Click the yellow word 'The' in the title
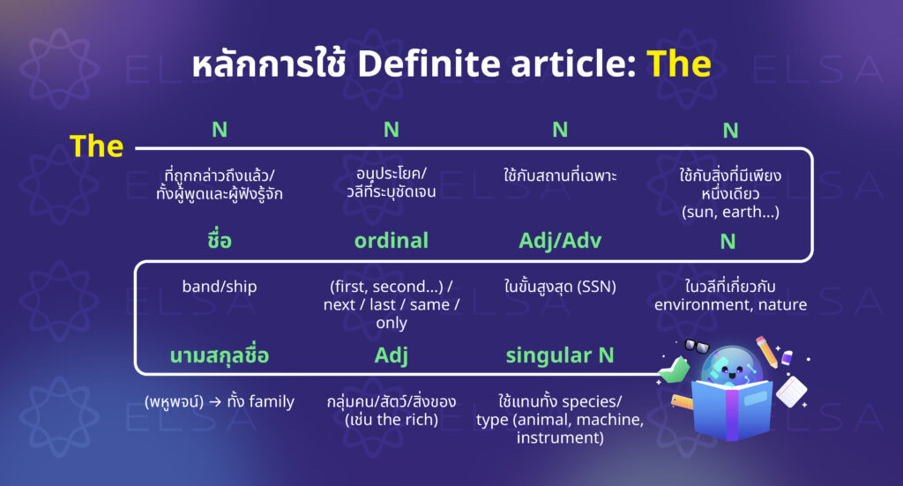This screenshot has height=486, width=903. click(678, 64)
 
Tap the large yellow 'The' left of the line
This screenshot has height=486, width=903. click(96, 146)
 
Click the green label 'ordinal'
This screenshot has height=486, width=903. click(391, 241)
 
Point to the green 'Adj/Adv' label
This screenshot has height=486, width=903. click(559, 241)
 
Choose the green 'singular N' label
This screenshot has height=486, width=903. click(559, 355)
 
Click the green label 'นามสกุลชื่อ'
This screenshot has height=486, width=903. click(219, 355)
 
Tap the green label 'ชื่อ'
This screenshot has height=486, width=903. click(219, 241)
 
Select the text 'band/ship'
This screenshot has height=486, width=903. click(219, 288)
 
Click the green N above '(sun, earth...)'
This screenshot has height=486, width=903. click(730, 131)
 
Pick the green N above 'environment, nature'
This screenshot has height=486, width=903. click(730, 242)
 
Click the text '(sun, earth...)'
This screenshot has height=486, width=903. click(730, 212)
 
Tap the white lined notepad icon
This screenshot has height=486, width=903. click(792, 392)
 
